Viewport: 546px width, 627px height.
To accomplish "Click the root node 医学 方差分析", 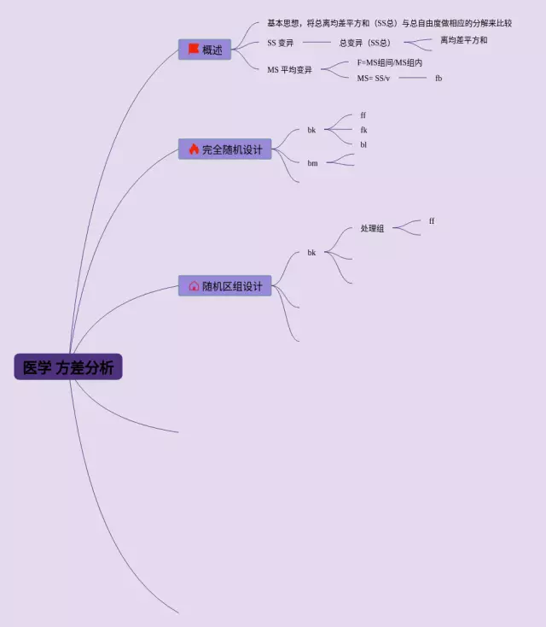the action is click(68, 367).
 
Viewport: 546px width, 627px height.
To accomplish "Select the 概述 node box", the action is click(205, 50).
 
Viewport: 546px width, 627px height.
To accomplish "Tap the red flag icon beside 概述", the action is click(194, 50).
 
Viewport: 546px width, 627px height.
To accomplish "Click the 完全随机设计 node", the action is click(225, 149).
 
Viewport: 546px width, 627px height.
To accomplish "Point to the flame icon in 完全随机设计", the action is click(194, 149).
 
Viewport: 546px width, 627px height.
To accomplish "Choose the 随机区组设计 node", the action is click(225, 286).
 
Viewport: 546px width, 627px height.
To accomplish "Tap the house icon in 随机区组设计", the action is click(194, 286).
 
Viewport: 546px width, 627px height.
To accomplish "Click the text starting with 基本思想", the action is click(389, 23).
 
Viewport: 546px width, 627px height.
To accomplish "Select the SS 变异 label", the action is click(280, 43).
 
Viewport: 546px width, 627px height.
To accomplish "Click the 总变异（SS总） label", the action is click(365, 43).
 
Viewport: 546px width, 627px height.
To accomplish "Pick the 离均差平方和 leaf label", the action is click(464, 40).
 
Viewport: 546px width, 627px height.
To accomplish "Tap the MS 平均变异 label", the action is click(290, 69).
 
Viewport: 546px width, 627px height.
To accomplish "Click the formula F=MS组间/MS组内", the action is click(390, 62).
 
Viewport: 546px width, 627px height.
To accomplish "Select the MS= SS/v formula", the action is click(374, 78).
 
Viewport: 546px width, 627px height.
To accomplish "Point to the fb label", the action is click(439, 78).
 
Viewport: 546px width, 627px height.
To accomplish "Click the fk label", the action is click(363, 130).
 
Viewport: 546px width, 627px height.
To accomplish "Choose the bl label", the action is click(363, 144).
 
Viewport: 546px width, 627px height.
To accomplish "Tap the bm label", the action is click(312, 162).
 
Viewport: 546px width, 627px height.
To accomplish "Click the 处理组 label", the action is click(372, 229).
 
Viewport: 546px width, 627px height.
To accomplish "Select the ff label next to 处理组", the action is click(432, 221).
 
